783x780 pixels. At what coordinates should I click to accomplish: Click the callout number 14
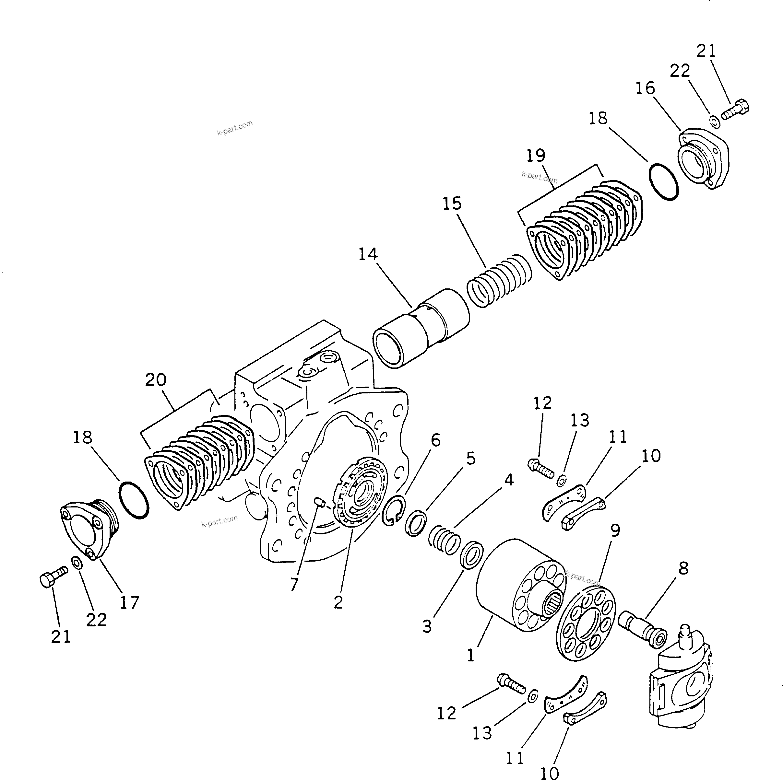[368, 254]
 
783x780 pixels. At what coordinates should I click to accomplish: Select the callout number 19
[535, 155]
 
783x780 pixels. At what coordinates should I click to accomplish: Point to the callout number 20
[156, 379]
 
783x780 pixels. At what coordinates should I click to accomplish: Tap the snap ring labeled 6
[393, 511]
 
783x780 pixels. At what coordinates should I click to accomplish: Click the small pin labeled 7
[319, 503]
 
